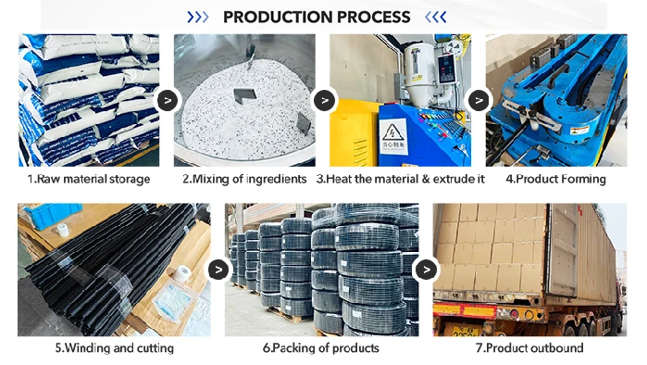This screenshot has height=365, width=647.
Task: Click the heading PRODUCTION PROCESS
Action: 317,17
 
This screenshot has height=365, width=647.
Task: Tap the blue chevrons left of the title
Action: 198,17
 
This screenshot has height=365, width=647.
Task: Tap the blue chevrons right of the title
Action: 436,17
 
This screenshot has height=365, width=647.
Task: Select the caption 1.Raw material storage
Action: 89,179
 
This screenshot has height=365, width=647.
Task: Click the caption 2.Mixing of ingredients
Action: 244,179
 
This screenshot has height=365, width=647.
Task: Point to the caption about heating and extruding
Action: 400,179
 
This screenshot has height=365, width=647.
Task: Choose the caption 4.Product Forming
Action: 555,179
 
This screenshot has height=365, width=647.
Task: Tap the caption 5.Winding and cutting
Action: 114,347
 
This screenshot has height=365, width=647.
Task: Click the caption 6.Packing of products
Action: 321,347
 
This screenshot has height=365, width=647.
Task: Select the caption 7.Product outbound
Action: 529,347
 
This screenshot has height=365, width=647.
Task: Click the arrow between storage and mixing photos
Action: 168,100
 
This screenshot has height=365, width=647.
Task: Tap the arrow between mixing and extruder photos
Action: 324,100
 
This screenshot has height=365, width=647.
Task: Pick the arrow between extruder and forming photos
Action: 479,100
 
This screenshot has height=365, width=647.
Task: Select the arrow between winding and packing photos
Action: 218,270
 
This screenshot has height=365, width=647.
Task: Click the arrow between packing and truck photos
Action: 427,270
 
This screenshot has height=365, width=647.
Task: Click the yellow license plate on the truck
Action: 466,331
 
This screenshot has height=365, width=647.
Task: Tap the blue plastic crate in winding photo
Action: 49,214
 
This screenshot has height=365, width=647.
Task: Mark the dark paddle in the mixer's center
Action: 244,95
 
